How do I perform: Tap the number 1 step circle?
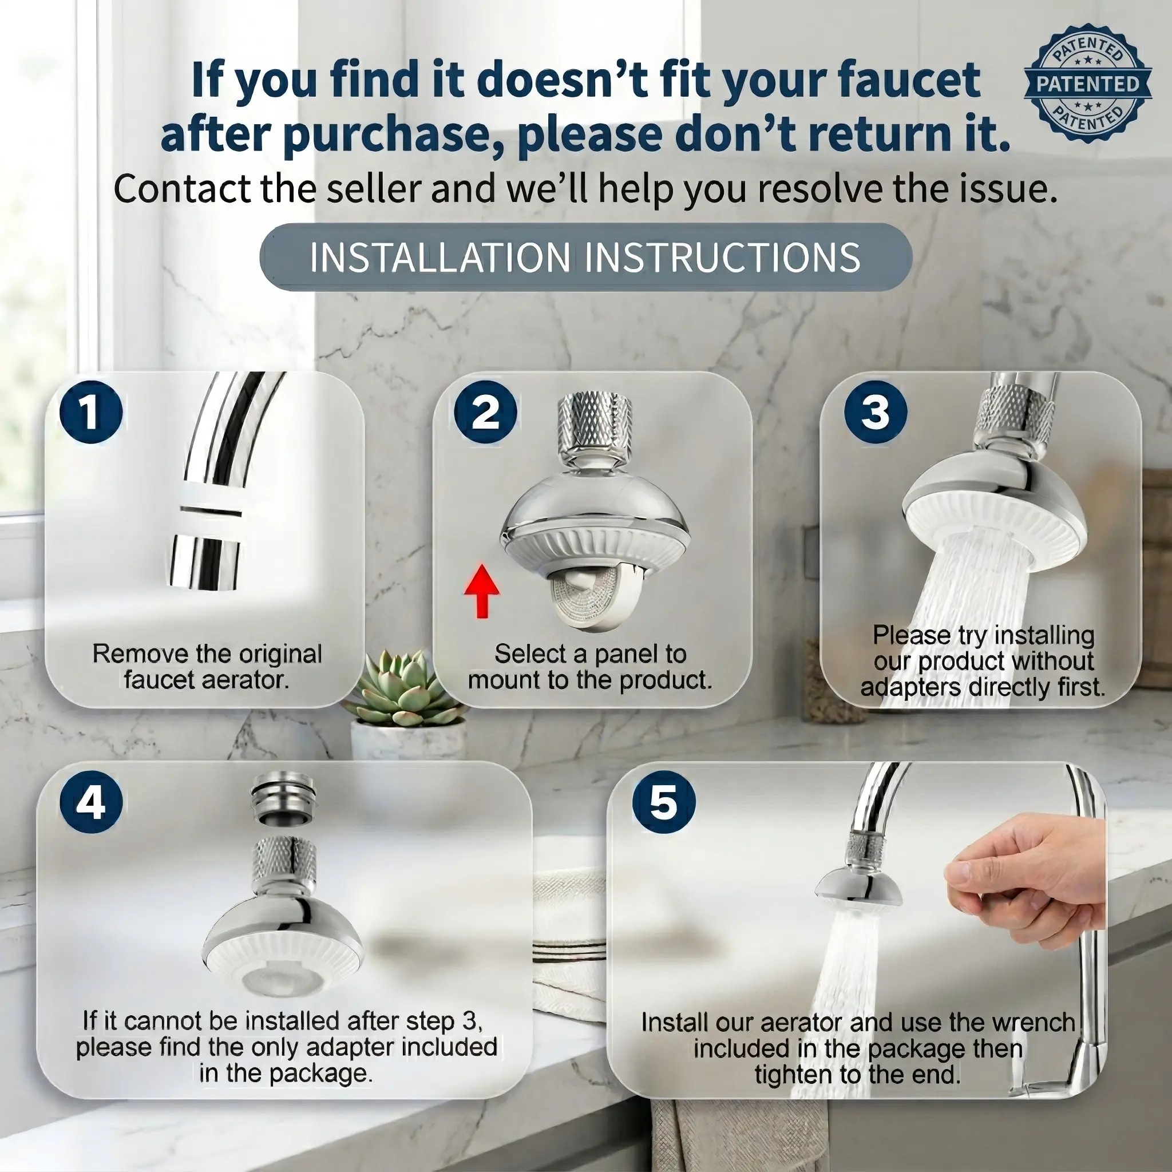[x=91, y=412]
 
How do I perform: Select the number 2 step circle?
[x=485, y=412]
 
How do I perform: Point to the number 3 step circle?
[x=876, y=412]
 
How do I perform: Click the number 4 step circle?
[x=91, y=802]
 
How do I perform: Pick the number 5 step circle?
[x=663, y=802]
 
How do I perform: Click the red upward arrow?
[x=482, y=590]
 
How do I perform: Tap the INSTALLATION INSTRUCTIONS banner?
[x=585, y=257]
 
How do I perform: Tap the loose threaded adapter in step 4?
[x=283, y=797]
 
